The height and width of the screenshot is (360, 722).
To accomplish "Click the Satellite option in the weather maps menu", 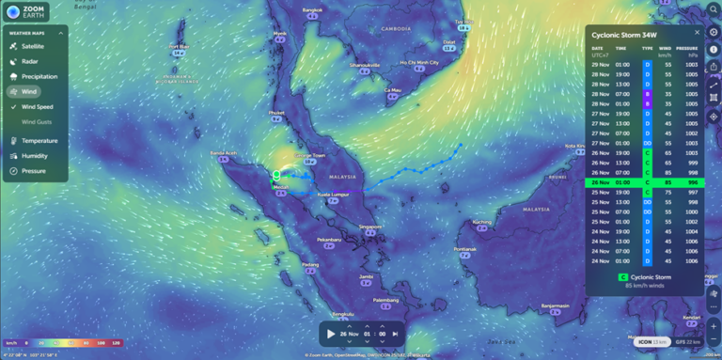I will pyautogui.click(x=32, y=45).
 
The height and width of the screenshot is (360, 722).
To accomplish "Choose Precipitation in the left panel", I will pyautogui.click(x=39, y=76).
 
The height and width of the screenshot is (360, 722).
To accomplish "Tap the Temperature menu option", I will pyautogui.click(x=39, y=140).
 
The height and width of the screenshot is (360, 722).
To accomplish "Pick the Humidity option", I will pyautogui.click(x=34, y=155).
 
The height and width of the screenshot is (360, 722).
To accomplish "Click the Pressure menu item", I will pyautogui.click(x=33, y=170).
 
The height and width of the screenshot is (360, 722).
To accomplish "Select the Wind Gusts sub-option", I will pyautogui.click(x=38, y=121).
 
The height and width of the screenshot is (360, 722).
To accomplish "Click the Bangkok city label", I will pyautogui.click(x=312, y=10).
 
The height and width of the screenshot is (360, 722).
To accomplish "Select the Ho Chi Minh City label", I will pyautogui.click(x=419, y=63).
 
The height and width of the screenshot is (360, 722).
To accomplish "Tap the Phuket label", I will pyautogui.click(x=276, y=112).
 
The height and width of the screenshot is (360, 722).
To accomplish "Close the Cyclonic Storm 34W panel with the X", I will pyautogui.click(x=697, y=32).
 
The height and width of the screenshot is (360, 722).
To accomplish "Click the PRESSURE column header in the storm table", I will pyautogui.click(x=687, y=48).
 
